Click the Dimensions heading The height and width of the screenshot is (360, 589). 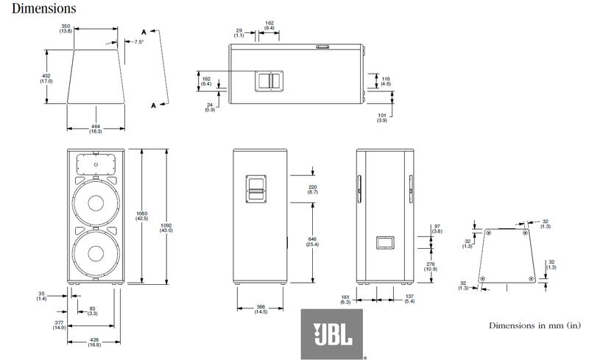[x=44, y=8]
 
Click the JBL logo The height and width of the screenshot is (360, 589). [x=332, y=334]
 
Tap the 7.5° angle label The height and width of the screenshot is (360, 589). [x=139, y=42]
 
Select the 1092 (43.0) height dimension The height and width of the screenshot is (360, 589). [x=166, y=227]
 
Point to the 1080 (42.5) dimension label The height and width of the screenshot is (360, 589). [x=141, y=216]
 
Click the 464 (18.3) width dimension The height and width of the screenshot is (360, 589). [x=96, y=129]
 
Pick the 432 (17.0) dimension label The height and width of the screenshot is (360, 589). [x=46, y=79]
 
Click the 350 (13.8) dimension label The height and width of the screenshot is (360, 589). [x=66, y=29]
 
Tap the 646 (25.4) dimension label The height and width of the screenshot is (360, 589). [x=312, y=241]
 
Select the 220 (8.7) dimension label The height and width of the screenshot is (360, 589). [x=312, y=189]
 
